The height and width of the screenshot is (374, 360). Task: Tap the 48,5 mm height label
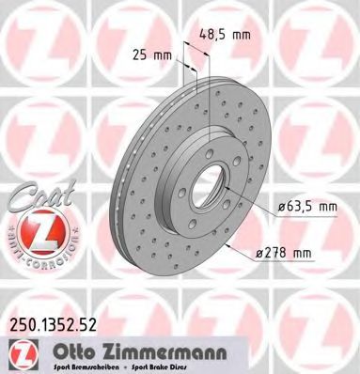point(225,35)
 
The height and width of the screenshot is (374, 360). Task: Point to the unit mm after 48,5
point(243,35)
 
